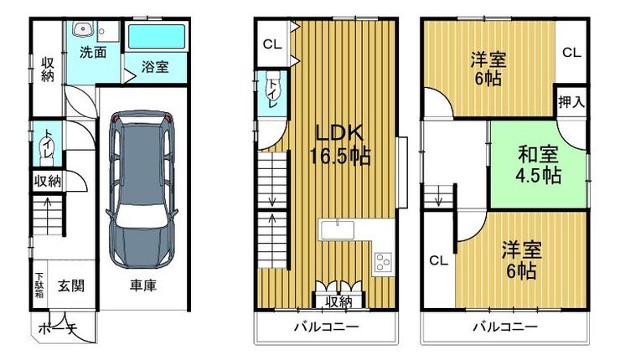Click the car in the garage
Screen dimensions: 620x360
[x=142, y=190]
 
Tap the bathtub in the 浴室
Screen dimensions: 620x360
[x=157, y=37]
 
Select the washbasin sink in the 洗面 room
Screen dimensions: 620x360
[x=84, y=28]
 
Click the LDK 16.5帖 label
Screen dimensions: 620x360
[x=339, y=145]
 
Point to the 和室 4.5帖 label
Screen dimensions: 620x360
[x=539, y=165]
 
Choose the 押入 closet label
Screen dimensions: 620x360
[x=571, y=102]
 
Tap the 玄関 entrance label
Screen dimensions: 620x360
[x=71, y=285]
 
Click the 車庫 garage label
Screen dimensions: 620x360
[x=143, y=285]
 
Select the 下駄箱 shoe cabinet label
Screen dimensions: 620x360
[x=39, y=285]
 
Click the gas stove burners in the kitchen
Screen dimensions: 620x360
[x=383, y=262]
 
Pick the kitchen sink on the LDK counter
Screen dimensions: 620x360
[x=338, y=230]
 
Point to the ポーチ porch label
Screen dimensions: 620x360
[x=58, y=329]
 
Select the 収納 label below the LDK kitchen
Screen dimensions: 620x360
[x=338, y=302]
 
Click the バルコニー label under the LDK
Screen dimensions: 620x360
[x=327, y=327]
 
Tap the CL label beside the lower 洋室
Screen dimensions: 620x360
[x=438, y=261]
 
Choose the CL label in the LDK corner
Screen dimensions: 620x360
[x=272, y=44]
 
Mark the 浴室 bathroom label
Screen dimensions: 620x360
[x=155, y=67]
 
